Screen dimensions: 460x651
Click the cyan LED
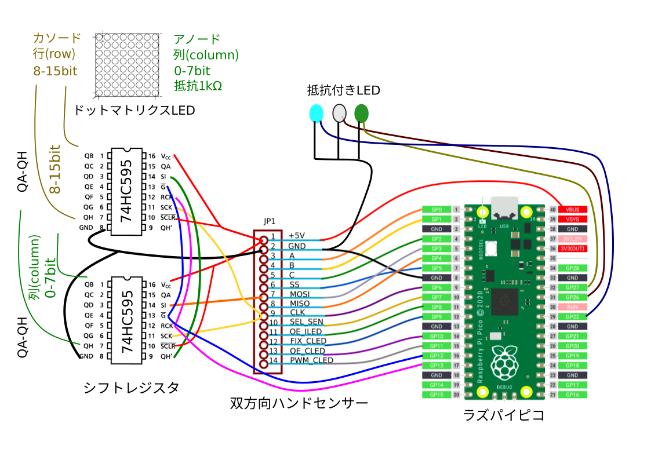coord(316,113)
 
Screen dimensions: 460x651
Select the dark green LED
coord(361,113)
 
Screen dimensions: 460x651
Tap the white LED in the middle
coord(339,113)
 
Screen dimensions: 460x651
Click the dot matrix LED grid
coord(127,64)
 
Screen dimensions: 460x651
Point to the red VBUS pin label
coord(573,209)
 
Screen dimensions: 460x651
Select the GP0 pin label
coord(437,209)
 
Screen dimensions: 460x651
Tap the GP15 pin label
coord(437,395)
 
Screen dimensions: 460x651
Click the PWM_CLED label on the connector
coord(311,360)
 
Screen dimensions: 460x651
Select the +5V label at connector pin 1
coord(296,236)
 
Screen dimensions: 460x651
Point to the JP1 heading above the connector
coord(270,221)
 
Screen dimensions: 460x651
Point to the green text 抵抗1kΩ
coord(198,86)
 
